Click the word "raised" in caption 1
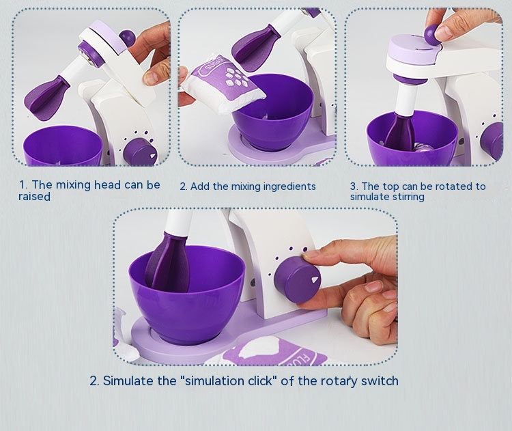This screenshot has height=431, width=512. pyautogui.click(x=34, y=197)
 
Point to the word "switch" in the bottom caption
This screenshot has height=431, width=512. pyautogui.click(x=380, y=380)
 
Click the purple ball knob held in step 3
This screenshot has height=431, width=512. pyautogui.click(x=431, y=33)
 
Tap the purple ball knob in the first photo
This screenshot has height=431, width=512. pyautogui.click(x=127, y=38)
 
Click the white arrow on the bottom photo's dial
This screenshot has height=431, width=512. pyautogui.click(x=315, y=280)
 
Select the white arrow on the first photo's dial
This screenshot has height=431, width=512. pyautogui.click(x=152, y=156)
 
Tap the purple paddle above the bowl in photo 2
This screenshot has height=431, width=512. pyautogui.click(x=256, y=48)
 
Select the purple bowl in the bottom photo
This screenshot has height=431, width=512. pyautogui.click(x=186, y=295)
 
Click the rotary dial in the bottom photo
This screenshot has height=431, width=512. pyautogui.click(x=297, y=279)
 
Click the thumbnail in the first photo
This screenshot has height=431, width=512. pyautogui.click(x=151, y=79)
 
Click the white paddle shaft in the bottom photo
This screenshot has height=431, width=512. pyautogui.click(x=177, y=223)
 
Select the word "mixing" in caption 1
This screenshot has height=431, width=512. pyautogui.click(x=74, y=185)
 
